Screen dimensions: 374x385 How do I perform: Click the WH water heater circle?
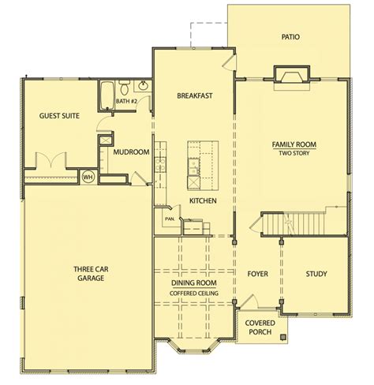tap(88, 177)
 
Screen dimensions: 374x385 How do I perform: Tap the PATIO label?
tap(290, 37)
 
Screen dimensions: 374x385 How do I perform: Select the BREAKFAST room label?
tap(195, 95)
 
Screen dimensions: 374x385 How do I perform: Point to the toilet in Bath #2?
tap(124, 88)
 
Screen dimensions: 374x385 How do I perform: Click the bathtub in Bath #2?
tap(107, 95)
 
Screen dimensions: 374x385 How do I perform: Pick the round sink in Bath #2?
tap(143, 86)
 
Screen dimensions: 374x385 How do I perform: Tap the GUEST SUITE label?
tap(59, 116)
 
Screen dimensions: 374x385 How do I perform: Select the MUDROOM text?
tap(131, 152)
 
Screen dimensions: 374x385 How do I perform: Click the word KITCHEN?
tap(203, 201)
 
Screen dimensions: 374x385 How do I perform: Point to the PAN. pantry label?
tap(170, 219)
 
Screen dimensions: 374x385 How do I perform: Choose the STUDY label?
tap(316, 274)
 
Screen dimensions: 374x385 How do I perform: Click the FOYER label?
tap(258, 274)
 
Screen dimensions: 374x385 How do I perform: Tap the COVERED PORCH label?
tap(260, 327)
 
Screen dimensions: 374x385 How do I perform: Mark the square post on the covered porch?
tap(283, 337)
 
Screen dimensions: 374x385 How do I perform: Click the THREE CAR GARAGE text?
tap(91, 274)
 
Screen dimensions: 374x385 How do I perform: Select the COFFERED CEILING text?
tap(194, 293)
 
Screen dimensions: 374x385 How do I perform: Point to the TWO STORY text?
tap(294, 153)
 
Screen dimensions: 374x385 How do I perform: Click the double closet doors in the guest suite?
tap(50, 159)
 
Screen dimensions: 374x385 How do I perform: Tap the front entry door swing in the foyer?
tap(249, 301)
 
